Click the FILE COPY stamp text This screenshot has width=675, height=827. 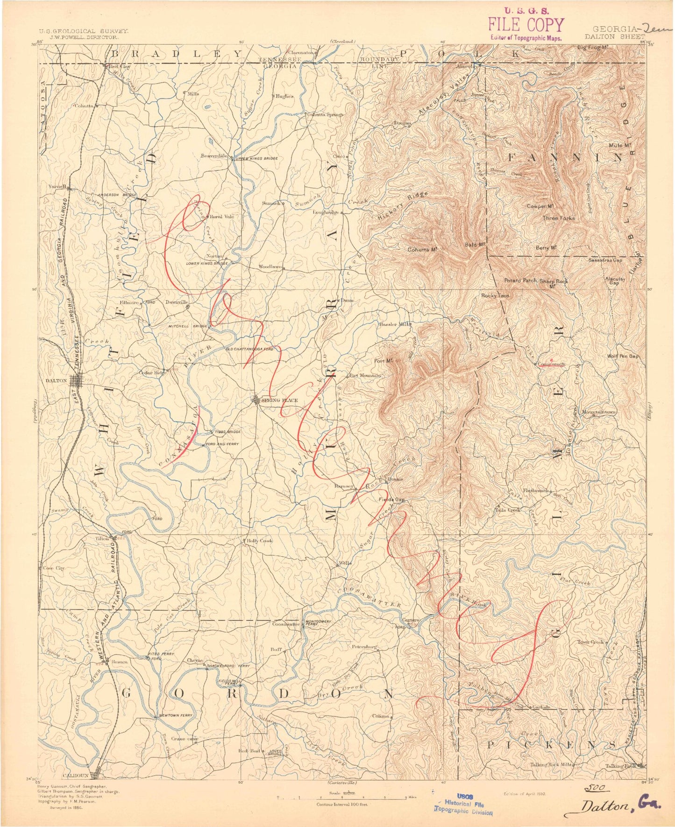click(526, 25)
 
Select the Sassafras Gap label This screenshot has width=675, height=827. click(605, 260)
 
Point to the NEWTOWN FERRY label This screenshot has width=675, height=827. click(176, 715)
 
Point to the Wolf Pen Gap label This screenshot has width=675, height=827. click(622, 356)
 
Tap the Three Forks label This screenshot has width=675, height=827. click(558, 218)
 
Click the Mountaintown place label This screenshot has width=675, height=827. click(599, 412)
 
